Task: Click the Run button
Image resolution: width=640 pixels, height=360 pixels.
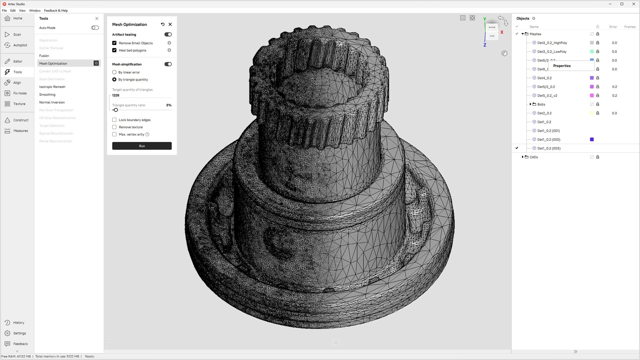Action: click(142, 146)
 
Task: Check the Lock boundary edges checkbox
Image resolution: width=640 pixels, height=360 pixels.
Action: click(114, 120)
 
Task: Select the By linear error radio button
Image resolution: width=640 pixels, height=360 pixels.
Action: click(114, 72)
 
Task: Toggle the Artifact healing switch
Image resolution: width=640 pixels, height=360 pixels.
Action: click(168, 35)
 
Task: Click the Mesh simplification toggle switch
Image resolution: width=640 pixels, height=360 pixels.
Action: click(168, 64)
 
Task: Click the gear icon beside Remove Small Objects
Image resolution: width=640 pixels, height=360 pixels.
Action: click(169, 43)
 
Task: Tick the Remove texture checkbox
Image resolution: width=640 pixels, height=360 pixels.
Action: click(114, 127)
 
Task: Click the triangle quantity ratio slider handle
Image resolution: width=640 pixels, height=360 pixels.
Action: click(116, 110)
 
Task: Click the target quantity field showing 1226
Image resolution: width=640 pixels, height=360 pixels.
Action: click(140, 95)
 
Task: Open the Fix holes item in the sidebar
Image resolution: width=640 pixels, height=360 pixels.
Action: click(20, 93)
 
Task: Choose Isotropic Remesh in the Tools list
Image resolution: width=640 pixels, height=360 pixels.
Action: click(52, 87)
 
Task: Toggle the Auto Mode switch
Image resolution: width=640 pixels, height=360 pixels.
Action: click(95, 28)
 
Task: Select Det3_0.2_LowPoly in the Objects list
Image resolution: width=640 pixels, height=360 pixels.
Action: click(552, 52)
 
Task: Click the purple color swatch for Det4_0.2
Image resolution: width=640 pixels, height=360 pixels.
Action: click(592, 78)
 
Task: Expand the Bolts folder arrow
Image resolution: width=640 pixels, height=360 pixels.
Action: click(530, 104)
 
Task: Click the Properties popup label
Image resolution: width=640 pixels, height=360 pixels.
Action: click(562, 66)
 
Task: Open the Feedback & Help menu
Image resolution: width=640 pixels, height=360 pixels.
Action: click(56, 11)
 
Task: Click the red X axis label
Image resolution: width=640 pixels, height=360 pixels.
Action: click(502, 32)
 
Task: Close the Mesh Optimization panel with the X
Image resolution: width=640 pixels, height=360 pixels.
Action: click(170, 24)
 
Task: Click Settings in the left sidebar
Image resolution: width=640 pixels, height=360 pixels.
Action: click(19, 333)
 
